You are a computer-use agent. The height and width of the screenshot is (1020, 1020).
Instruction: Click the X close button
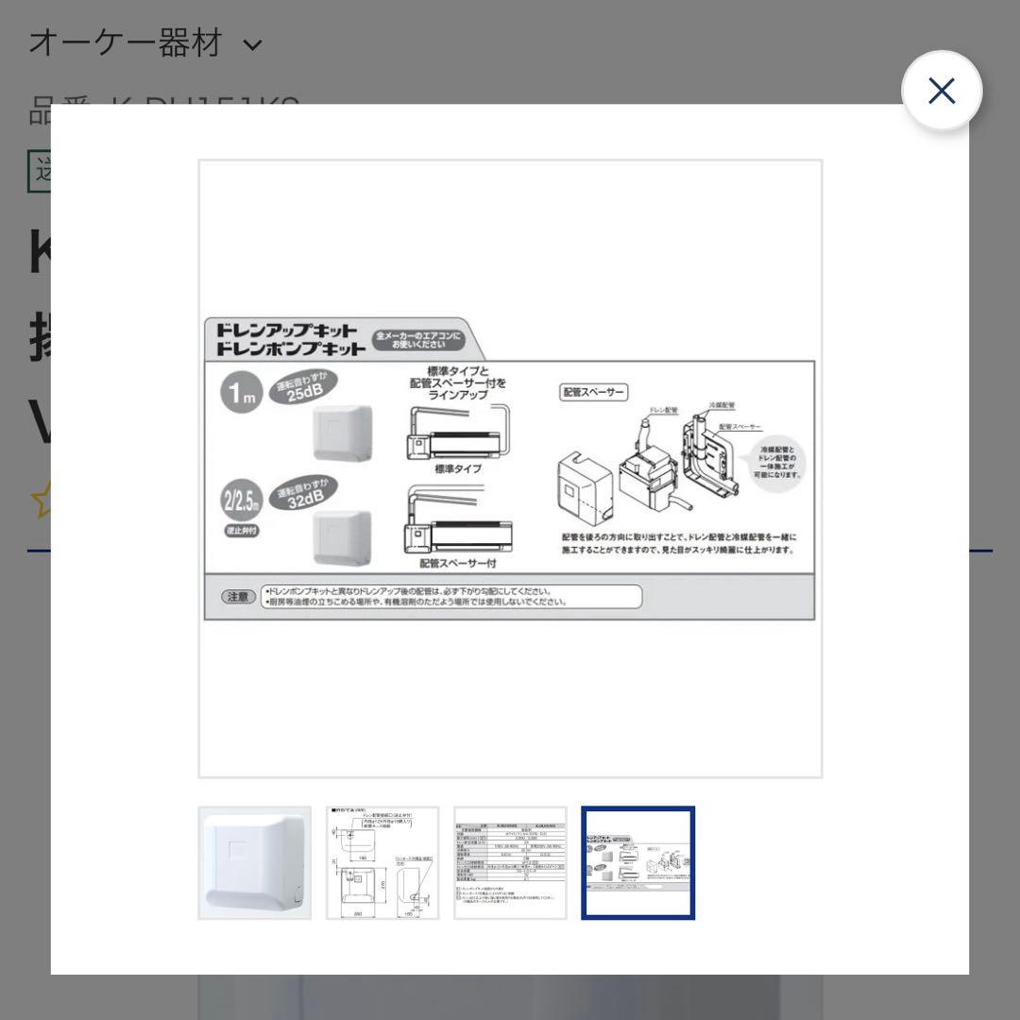coord(942,91)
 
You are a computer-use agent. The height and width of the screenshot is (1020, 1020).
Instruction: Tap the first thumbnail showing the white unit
coord(254,862)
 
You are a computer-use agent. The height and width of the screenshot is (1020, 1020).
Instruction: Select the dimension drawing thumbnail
coord(382,862)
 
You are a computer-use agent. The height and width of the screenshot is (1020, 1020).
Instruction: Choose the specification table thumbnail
coord(510,862)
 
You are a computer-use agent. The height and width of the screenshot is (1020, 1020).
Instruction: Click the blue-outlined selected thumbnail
coord(638,862)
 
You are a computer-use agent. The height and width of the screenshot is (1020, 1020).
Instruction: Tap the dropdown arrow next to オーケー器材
coord(252,44)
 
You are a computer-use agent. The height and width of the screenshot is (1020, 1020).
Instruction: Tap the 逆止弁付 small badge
coord(241,531)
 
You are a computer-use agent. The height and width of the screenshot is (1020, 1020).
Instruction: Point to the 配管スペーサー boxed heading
coord(594,392)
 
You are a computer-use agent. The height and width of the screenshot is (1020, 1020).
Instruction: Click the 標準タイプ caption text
coord(458,468)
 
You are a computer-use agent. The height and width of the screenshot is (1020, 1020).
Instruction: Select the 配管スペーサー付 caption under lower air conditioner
coord(458,563)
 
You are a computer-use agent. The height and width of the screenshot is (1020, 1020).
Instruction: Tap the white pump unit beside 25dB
coord(344,433)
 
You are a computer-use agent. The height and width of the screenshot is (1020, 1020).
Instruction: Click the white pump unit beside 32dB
coord(342,538)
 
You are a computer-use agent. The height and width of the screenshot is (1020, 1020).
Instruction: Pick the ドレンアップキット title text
coord(287,331)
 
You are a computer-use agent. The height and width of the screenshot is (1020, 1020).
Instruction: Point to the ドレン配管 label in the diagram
coord(664,412)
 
